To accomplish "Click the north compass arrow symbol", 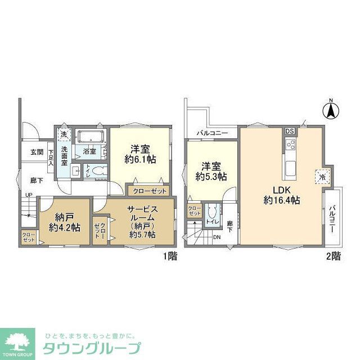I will (x=331, y=109).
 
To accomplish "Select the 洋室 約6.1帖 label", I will (x=140, y=154).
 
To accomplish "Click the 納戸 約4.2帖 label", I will (x=63, y=222).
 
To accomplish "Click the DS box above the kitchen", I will (x=289, y=131).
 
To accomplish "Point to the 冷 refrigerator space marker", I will (x=322, y=175).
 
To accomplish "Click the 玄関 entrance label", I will (x=37, y=152).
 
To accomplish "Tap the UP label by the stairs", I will (x=28, y=195).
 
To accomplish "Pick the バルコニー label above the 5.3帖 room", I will (x=212, y=133).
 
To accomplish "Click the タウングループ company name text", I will (x=89, y=347).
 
